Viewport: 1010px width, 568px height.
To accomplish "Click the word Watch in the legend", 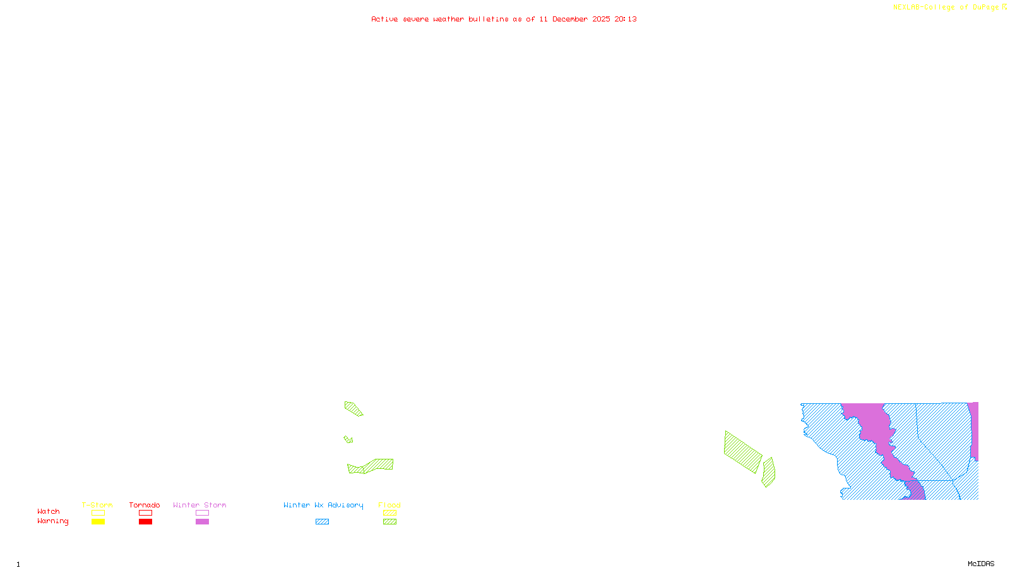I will (49, 511).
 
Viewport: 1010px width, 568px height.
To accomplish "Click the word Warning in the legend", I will (52, 521).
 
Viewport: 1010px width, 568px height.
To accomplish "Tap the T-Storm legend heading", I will (97, 505).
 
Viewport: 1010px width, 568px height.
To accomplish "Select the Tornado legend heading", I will (145, 505).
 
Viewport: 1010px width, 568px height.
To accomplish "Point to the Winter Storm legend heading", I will (199, 505).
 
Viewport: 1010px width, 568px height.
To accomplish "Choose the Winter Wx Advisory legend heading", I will (323, 505).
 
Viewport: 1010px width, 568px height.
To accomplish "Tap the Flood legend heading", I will (389, 505).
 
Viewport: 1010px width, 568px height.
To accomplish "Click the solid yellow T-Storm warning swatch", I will (98, 522).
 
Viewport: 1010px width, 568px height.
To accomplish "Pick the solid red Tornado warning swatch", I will (146, 522).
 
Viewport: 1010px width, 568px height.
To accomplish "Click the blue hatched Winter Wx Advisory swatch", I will (322, 522).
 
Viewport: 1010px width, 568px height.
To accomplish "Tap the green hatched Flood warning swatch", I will (390, 522).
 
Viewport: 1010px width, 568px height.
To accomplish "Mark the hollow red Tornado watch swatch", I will (146, 513).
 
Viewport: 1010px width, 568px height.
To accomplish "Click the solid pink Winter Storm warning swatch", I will (202, 522).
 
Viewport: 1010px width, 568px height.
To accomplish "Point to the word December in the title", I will (570, 19).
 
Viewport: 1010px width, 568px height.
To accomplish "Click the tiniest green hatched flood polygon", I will (348, 439).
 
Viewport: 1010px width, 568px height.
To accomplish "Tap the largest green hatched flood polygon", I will (743, 452).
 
